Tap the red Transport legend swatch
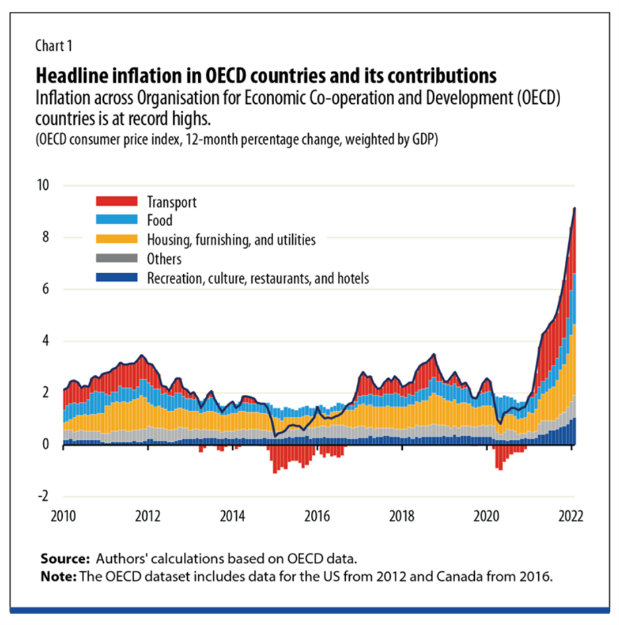tap(116, 201)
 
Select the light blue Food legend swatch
tap(116, 220)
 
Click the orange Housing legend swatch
tap(116, 239)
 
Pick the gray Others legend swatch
tap(116, 259)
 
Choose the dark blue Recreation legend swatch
tap(116, 278)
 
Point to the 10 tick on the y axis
tap(44, 185)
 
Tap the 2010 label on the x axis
tap(63, 516)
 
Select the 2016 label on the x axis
tap(317, 516)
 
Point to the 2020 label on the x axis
tap(487, 516)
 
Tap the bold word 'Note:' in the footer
tap(58, 575)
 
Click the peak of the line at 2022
tap(575, 208)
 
